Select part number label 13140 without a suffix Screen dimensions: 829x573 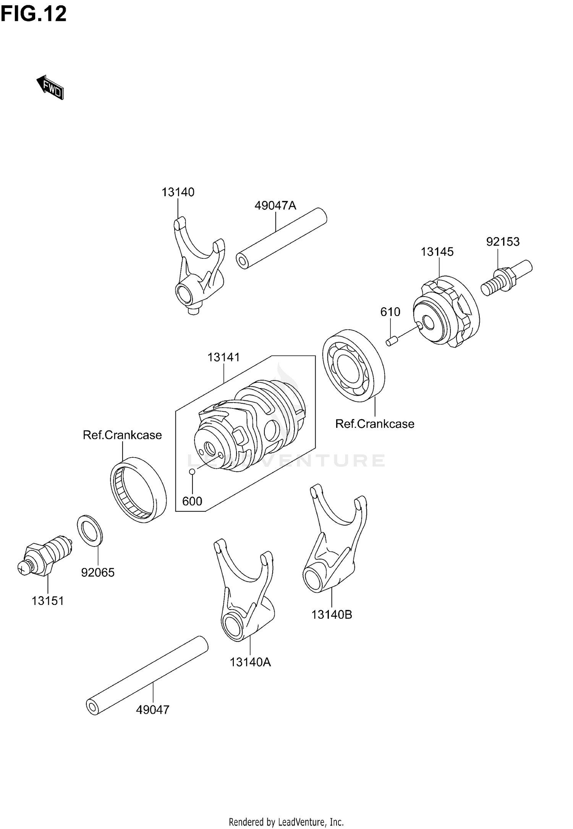[x=178, y=192]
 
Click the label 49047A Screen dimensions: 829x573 [x=275, y=206]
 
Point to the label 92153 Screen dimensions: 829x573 [x=503, y=242]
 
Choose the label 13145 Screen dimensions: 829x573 [x=437, y=252]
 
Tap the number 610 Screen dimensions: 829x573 [x=390, y=312]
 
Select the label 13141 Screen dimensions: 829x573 [x=223, y=357]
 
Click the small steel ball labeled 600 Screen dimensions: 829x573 [x=193, y=472]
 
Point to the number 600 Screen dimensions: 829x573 [x=192, y=501]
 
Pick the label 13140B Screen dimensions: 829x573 [x=332, y=614]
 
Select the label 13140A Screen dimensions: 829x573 [x=250, y=662]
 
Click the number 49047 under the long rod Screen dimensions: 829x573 [x=152, y=710]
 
